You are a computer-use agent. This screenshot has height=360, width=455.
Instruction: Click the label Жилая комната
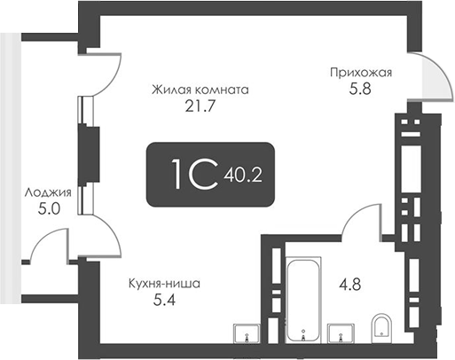point(200,90)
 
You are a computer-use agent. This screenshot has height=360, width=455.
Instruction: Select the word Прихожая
point(360,74)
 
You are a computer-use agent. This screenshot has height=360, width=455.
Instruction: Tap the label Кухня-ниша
point(163,284)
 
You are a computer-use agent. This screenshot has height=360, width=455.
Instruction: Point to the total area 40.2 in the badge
point(246,175)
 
